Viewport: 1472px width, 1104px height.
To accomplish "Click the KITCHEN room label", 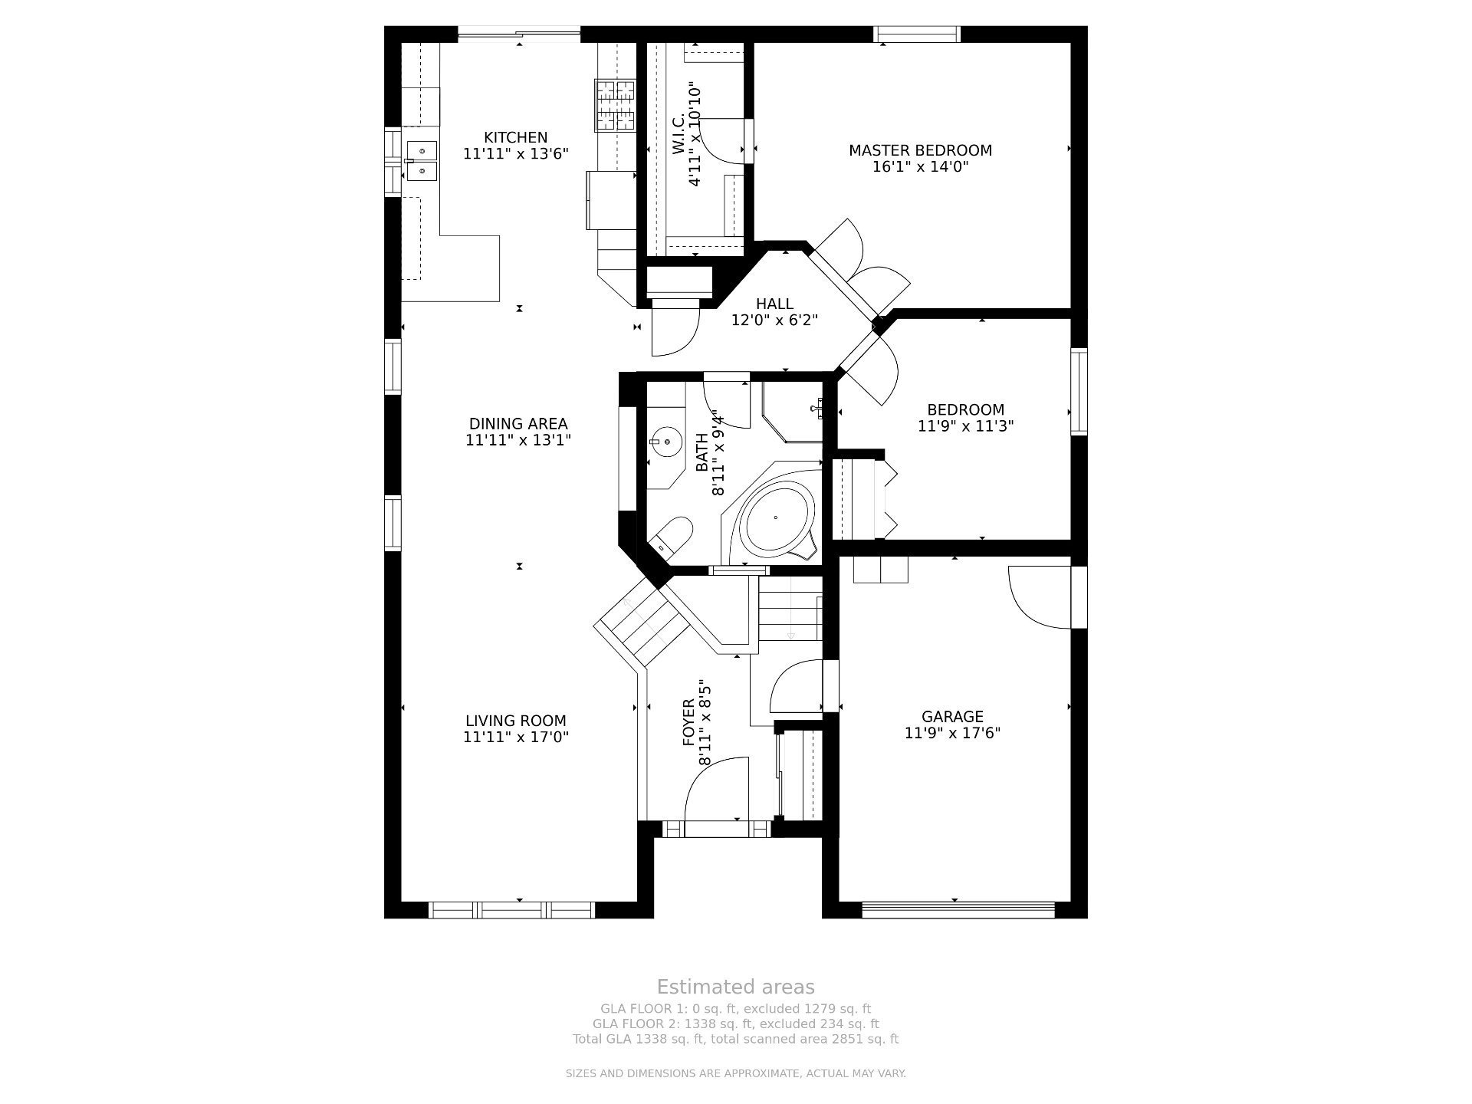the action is (515, 137).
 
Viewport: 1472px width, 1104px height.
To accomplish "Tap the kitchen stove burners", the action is (616, 105).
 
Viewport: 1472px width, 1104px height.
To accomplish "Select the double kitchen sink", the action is (421, 160).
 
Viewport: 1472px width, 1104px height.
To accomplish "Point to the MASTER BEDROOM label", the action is (920, 150).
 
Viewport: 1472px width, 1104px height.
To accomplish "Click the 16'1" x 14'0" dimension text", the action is (920, 166).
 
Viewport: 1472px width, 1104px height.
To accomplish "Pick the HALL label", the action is (774, 304).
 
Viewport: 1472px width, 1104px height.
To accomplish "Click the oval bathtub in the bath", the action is (776, 517).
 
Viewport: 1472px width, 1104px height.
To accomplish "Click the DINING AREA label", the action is (518, 424).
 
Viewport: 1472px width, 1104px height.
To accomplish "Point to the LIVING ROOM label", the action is (516, 721).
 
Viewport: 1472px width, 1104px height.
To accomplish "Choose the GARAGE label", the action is (952, 717).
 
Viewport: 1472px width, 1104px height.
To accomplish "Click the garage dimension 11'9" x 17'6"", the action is (952, 733).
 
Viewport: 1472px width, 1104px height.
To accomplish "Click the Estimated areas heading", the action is (735, 987).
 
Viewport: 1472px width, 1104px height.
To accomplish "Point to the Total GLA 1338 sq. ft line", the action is (735, 1040).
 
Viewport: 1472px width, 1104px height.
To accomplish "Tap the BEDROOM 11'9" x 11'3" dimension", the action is (966, 426).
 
